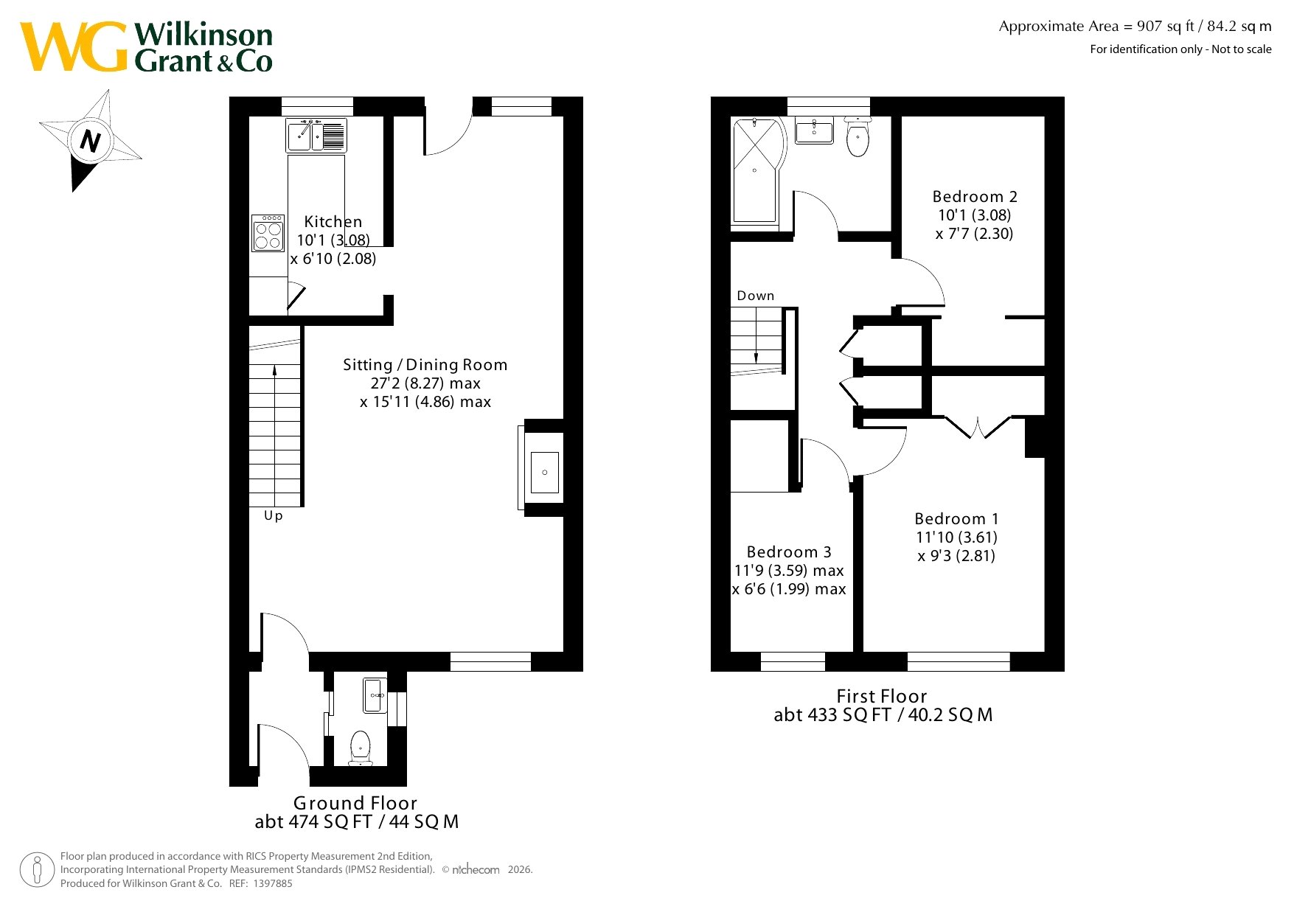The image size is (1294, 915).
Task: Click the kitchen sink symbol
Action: pos(316,135)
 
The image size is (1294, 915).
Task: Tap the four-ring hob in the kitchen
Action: pos(268,233)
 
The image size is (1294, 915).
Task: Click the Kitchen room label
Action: pos(333,221)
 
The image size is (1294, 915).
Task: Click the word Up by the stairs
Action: pos(274,516)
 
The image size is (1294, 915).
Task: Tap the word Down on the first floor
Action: pos(756,296)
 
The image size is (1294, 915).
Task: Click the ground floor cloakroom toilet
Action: pos(361,748)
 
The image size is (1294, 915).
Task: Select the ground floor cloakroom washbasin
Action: pos(375,695)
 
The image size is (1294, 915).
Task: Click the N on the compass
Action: pos(90,140)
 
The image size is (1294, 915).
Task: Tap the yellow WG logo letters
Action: pos(74,47)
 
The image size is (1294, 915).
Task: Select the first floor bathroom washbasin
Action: pos(815,130)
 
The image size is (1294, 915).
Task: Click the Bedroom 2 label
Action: pos(975,197)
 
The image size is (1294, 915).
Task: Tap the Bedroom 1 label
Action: pos(956,519)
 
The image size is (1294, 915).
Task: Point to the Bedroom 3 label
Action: pos(789,552)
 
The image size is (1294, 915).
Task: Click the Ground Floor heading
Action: pos(355,803)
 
